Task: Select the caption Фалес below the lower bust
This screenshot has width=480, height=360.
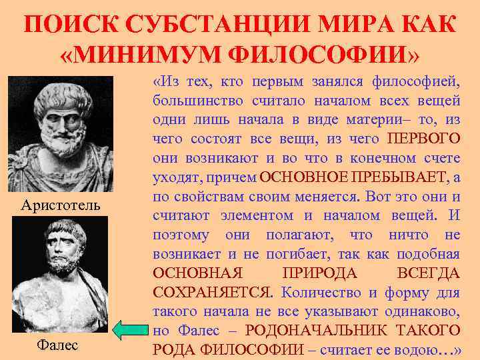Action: (57, 345)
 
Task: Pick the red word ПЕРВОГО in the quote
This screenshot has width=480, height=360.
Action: (423, 139)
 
